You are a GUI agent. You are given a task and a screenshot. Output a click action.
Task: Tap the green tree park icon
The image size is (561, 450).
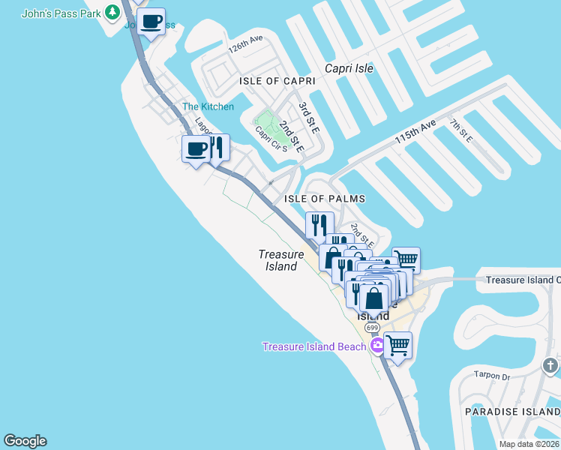point(112,11)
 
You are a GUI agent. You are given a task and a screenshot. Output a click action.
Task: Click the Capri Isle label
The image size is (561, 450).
point(349,68)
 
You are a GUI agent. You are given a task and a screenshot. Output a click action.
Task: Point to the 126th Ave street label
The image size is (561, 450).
point(247,48)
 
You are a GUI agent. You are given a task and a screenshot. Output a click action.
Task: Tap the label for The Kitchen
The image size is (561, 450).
point(208,106)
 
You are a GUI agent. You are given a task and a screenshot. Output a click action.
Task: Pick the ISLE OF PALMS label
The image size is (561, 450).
point(325,199)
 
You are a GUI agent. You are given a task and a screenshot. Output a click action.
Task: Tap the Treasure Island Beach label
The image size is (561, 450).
point(313,346)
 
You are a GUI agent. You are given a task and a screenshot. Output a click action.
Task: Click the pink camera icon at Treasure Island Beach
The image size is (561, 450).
point(377,346)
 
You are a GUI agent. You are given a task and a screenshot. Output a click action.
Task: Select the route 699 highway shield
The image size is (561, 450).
point(372,328)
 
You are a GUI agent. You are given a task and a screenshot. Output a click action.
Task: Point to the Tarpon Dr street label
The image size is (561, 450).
point(491,376)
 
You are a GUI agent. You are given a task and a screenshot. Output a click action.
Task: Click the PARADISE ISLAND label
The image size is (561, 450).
point(512,412)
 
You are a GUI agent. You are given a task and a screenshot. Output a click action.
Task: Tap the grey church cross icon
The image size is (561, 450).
point(550,366)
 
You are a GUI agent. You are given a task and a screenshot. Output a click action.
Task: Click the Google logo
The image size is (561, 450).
point(25,441)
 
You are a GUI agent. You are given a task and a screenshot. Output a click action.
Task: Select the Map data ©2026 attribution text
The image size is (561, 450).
point(528,444)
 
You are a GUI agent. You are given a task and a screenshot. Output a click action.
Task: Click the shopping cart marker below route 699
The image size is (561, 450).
point(398,346)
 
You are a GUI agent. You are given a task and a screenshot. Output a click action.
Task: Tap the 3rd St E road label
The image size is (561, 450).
point(308,119)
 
